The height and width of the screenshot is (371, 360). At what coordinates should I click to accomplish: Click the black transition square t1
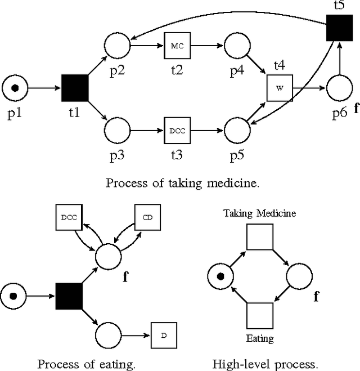[x=75, y=88]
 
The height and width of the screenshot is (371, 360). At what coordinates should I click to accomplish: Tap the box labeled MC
[x=177, y=44]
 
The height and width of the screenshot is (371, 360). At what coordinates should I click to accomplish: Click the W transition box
[x=280, y=88]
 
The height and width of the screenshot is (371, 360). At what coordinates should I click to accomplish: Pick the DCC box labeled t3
[x=177, y=131]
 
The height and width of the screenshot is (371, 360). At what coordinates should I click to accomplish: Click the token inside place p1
[x=15, y=88]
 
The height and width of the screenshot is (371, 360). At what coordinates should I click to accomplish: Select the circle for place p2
[x=117, y=44]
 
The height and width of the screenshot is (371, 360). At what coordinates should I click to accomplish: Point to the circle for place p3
[x=117, y=131]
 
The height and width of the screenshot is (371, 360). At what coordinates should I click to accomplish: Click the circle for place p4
[x=237, y=44]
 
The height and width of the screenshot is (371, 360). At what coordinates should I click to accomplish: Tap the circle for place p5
[x=237, y=131]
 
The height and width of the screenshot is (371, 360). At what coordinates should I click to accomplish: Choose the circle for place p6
[x=339, y=88]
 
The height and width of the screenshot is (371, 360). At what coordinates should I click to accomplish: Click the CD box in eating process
[x=147, y=216]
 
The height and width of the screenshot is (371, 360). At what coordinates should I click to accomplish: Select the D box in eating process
[x=164, y=336]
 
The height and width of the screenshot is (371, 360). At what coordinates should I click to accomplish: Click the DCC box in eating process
[x=69, y=216]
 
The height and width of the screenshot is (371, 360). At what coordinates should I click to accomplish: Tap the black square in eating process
[x=69, y=296]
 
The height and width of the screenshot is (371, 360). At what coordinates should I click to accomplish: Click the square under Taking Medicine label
[x=259, y=237]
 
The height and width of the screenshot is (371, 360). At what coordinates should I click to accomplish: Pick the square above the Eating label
[x=259, y=316]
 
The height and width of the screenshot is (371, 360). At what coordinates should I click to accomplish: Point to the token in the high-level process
[x=221, y=276]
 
